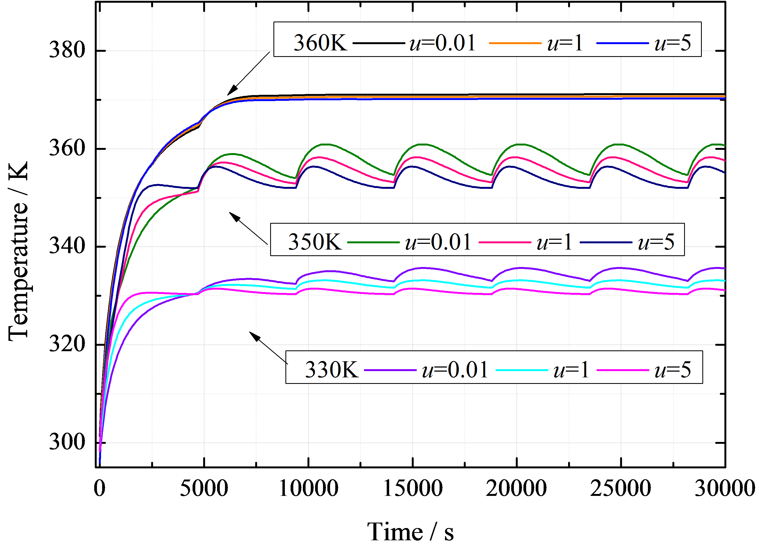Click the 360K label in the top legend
[x=320, y=43]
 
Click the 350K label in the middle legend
[x=315, y=242]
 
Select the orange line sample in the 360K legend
[x=515, y=43]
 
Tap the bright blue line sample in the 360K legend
[x=623, y=43]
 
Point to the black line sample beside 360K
[x=379, y=43]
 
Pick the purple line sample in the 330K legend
[x=390, y=370]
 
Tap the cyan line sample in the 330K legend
[x=522, y=370]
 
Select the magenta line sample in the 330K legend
[x=623, y=370]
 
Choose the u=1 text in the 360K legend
[x=565, y=43]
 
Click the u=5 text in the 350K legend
[x=656, y=242]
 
